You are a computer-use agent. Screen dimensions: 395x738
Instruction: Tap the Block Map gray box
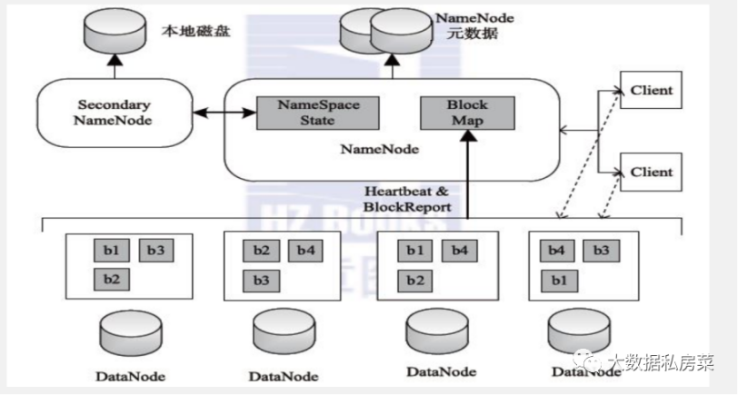467,111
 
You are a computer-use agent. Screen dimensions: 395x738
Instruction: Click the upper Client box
652,90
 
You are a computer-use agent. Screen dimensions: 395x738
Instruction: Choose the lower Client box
652,172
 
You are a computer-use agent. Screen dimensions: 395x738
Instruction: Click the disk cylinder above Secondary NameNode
115,34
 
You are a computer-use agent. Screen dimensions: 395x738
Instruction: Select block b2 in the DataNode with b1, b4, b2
414,279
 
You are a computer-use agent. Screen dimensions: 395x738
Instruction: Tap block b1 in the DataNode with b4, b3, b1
556,279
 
